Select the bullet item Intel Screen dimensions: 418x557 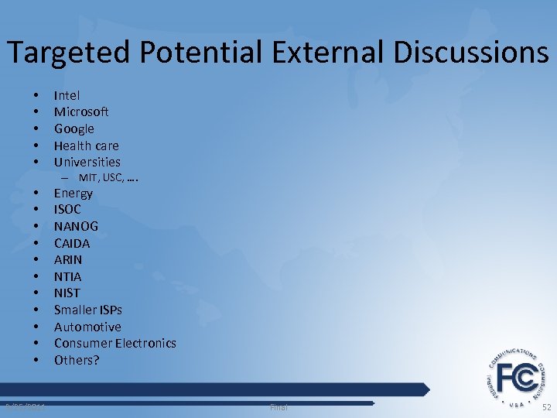[x=67, y=95]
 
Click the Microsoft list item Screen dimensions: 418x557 [x=81, y=112]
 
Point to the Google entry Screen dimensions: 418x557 [x=73, y=128]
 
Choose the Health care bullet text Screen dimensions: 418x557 [x=86, y=146]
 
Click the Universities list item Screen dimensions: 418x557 [x=87, y=162]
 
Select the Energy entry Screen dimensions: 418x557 [x=73, y=193]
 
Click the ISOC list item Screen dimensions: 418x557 [x=67, y=209]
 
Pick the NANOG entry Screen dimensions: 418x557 [x=76, y=226]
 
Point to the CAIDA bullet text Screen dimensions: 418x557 [x=72, y=243]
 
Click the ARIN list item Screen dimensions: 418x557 [x=67, y=259]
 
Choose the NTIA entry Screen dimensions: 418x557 [x=67, y=276]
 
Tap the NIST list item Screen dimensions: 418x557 [x=67, y=293]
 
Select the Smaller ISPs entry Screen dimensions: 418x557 [x=87, y=310]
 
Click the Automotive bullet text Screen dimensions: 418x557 [x=87, y=327]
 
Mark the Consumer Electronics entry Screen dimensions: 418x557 [x=114, y=343]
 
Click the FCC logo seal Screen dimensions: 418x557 [x=518, y=377]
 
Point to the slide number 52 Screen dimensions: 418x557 [x=547, y=407]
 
